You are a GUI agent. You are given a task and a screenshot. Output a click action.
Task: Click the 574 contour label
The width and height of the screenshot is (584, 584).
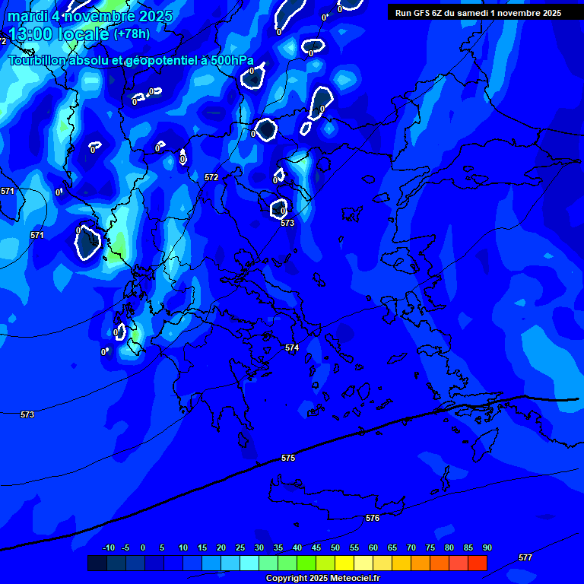(292, 348)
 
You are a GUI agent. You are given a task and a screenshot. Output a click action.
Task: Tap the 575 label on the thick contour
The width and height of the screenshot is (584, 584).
(288, 458)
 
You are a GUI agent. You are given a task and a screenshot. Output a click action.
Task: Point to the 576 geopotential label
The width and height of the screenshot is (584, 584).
(373, 518)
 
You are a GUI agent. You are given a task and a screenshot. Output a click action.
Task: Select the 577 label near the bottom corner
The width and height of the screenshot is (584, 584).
(525, 557)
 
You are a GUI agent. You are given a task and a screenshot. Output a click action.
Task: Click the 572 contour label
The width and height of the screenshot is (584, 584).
(211, 177)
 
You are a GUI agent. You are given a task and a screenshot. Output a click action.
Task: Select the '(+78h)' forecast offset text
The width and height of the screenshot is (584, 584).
(132, 34)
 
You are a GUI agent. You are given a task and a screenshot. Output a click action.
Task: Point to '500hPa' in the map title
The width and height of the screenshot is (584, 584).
(231, 60)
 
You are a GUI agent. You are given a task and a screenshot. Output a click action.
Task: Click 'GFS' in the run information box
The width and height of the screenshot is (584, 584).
(425, 13)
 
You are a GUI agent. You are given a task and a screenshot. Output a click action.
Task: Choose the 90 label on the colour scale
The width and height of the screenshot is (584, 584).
(487, 547)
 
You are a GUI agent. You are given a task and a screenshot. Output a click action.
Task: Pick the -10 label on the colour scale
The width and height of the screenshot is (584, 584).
(109, 547)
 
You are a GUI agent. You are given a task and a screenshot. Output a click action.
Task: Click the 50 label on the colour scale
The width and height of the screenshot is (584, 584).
(335, 547)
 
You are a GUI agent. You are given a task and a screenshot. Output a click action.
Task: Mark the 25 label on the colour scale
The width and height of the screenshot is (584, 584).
(240, 547)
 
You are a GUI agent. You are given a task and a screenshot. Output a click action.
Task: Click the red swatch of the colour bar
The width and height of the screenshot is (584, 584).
(478, 563)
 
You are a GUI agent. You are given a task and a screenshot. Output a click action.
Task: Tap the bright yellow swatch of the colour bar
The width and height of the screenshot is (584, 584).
(344, 563)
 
